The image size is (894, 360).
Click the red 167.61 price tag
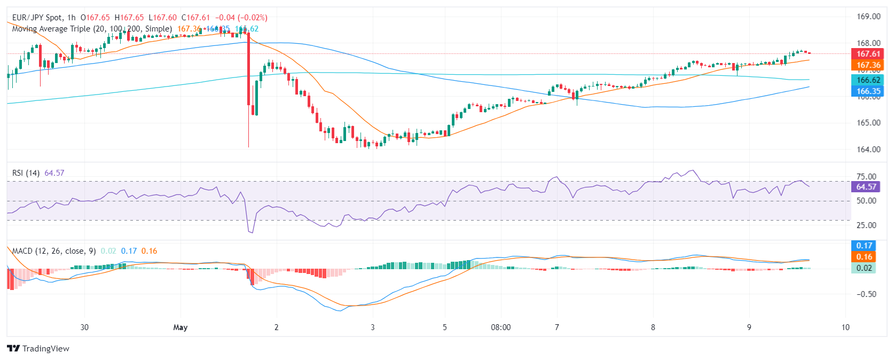point(868,54)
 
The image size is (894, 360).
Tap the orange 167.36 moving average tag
point(868,65)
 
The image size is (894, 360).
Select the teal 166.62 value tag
point(868,80)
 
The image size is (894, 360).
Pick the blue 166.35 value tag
point(868,91)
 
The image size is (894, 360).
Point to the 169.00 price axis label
point(868,17)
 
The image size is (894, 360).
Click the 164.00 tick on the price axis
point(868,150)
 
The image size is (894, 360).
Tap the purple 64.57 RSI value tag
point(866,187)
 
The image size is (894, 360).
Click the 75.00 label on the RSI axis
point(866,177)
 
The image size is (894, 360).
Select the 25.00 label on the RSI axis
point(866,225)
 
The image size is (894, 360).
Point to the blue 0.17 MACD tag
point(864,246)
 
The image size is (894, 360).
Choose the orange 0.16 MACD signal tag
point(864,257)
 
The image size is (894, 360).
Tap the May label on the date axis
point(181,327)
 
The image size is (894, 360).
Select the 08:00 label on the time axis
point(500,327)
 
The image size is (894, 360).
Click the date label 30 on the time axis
point(84,327)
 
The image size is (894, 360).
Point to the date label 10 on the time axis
point(845,327)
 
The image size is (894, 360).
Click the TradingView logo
point(38,349)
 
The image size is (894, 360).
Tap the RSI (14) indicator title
point(26,173)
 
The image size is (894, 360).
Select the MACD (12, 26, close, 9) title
point(54,251)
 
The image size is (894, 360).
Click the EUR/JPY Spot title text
point(36,18)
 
